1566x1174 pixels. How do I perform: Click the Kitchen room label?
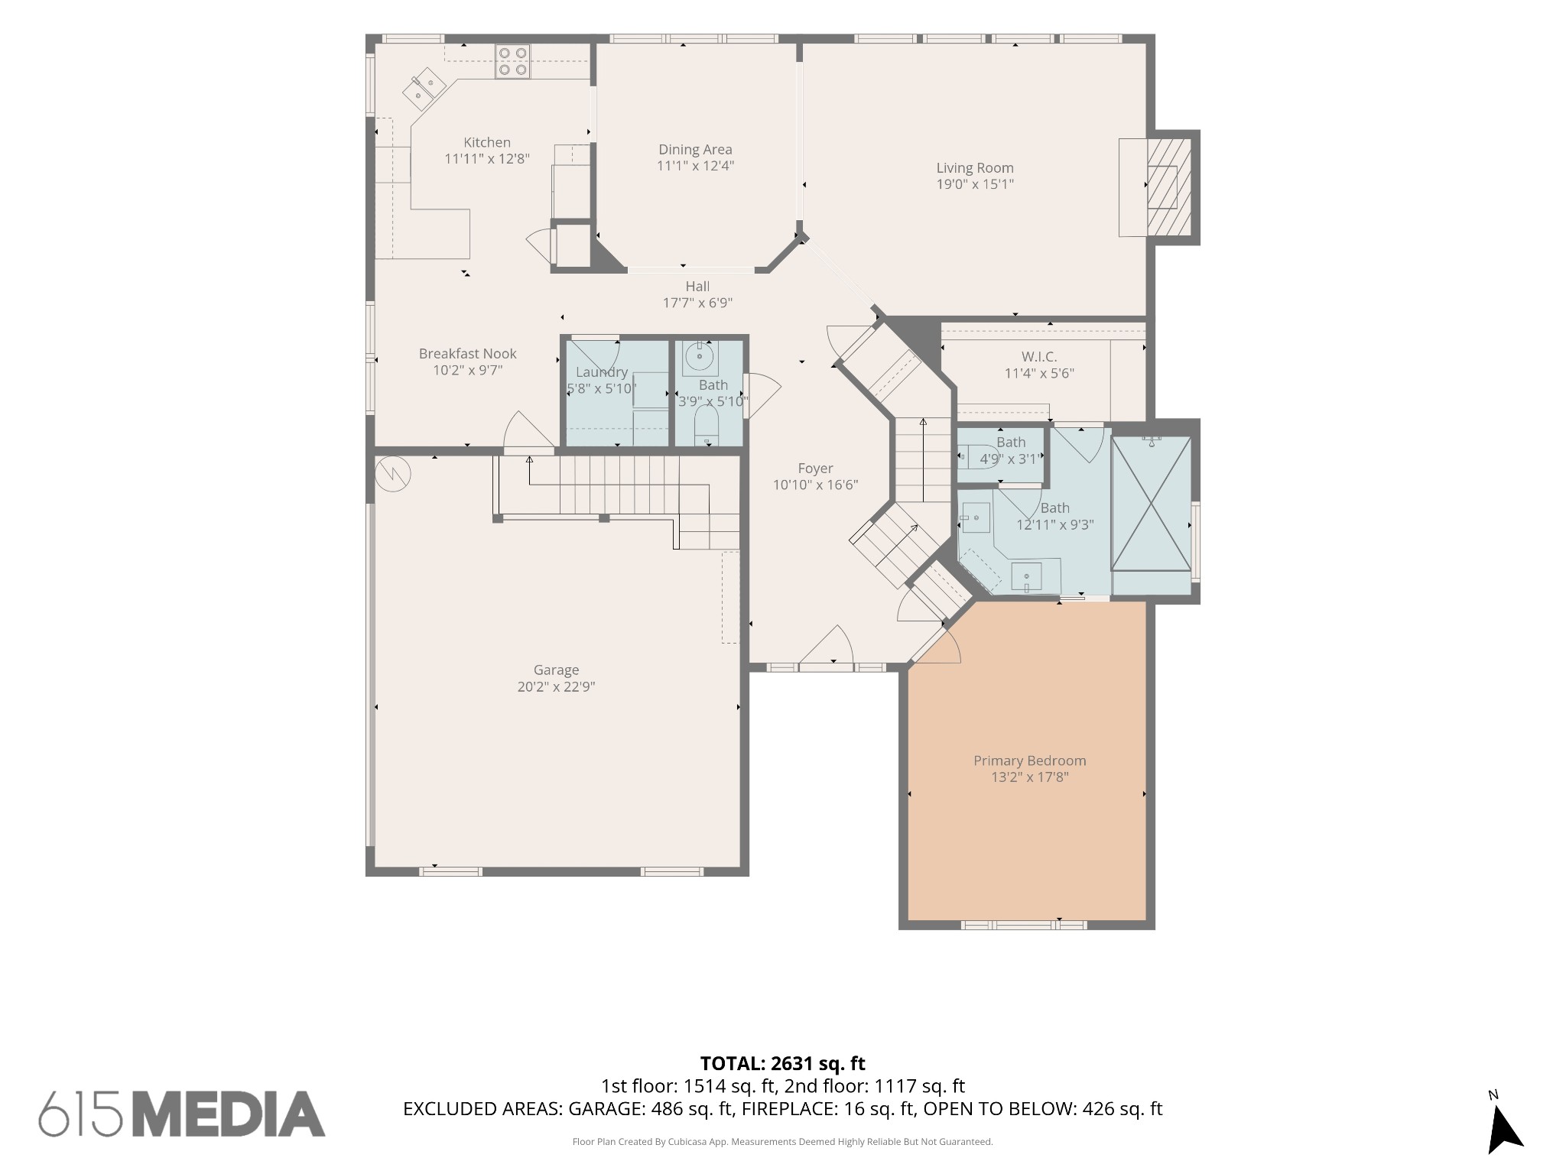487,142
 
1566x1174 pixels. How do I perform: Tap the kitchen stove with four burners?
512,61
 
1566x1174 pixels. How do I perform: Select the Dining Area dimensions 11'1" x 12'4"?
695,166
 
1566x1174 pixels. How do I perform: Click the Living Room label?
975,168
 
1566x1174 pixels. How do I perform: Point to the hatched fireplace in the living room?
1169,187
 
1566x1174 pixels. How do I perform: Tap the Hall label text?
697,287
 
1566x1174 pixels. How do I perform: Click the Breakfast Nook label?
468,354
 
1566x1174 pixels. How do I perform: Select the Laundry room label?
602,372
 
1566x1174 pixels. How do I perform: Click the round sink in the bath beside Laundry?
699,357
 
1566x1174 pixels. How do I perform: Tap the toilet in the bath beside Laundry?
707,425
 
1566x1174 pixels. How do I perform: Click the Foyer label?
815,469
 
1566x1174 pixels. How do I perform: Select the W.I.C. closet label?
1039,357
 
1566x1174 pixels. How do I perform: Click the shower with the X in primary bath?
1151,504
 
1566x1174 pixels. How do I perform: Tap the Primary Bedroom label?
1030,761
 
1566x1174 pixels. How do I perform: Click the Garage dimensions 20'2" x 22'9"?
556,686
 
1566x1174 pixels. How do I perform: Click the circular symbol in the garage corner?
393,474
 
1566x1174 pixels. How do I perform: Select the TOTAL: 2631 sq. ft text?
783,1063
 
